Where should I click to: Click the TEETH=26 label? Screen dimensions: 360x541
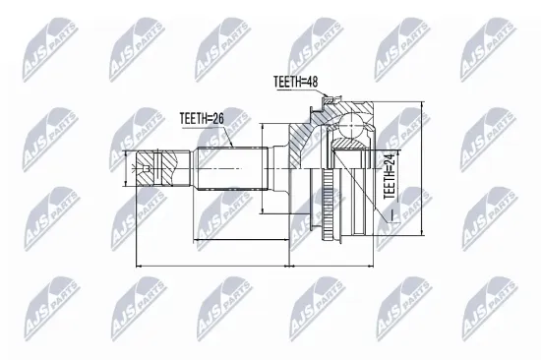coord(201,118)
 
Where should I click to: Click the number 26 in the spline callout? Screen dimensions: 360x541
coord(218,118)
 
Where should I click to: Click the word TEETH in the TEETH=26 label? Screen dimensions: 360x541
coord(194,118)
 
